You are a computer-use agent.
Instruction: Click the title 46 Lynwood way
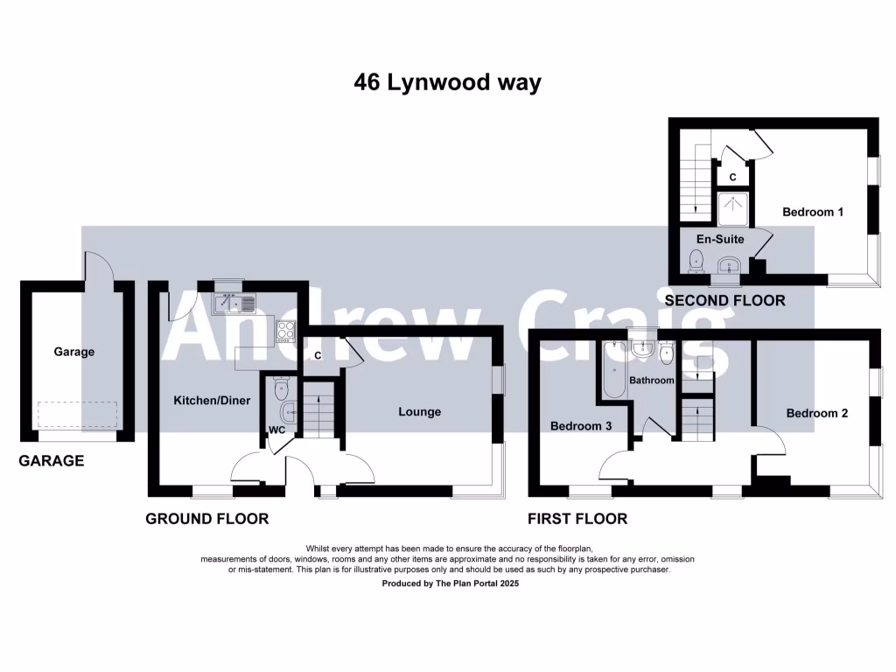pyautogui.click(x=447, y=83)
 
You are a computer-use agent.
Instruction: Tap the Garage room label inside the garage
pyautogui.click(x=74, y=352)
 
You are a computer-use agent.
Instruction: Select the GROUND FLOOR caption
pyautogui.click(x=206, y=519)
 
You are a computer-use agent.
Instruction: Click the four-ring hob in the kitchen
pyautogui.click(x=286, y=331)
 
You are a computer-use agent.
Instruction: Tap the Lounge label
pyautogui.click(x=420, y=411)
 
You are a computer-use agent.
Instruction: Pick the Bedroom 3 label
pyautogui.click(x=579, y=426)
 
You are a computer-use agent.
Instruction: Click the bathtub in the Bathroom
pyautogui.click(x=610, y=369)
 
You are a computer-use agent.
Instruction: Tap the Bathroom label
pyautogui.click(x=652, y=381)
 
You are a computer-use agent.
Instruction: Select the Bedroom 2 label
pyautogui.click(x=816, y=413)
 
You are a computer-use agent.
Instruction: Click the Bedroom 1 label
pyautogui.click(x=812, y=212)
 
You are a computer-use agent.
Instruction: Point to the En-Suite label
pyautogui.click(x=720, y=238)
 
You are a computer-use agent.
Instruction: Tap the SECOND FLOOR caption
pyautogui.click(x=725, y=301)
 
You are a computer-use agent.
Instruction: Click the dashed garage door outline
pyautogui.click(x=76, y=415)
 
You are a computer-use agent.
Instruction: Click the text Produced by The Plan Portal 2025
pyautogui.click(x=451, y=583)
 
